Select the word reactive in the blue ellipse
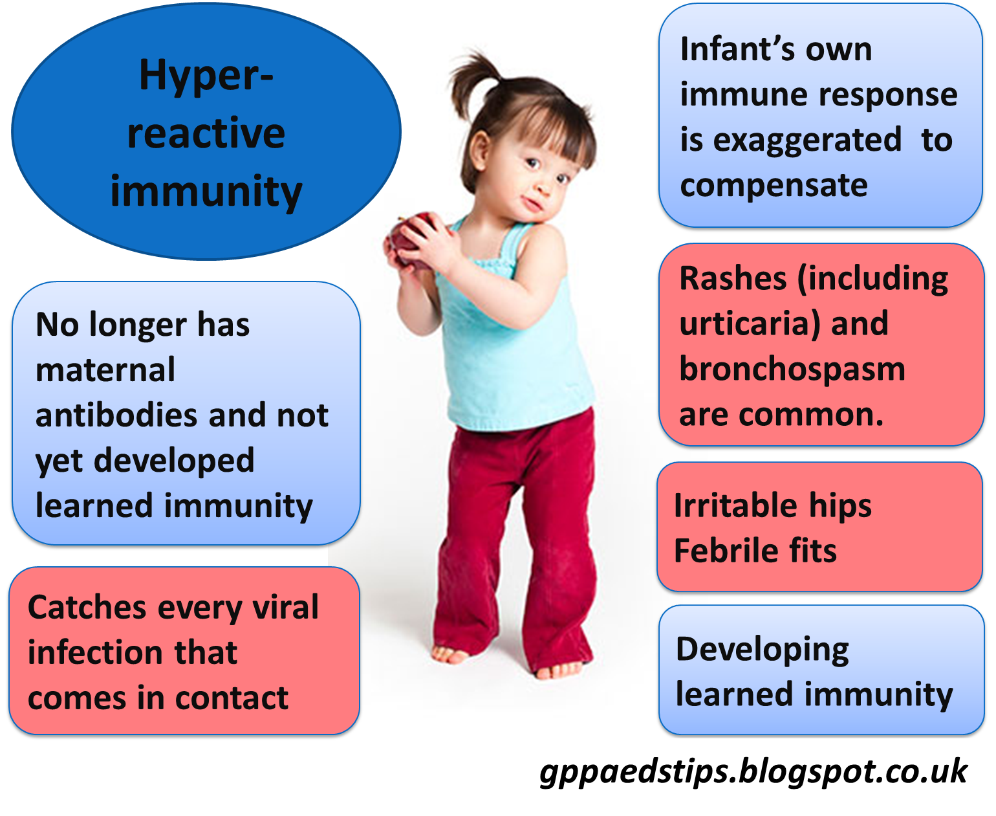tap(206, 133)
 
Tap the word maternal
tap(105, 370)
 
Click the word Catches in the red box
tap(87, 608)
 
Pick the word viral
tap(286, 608)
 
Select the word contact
tap(232, 698)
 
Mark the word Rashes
tap(733, 279)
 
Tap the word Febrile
tap(717, 551)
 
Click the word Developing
tap(763, 650)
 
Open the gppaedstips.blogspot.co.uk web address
tap(753, 771)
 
